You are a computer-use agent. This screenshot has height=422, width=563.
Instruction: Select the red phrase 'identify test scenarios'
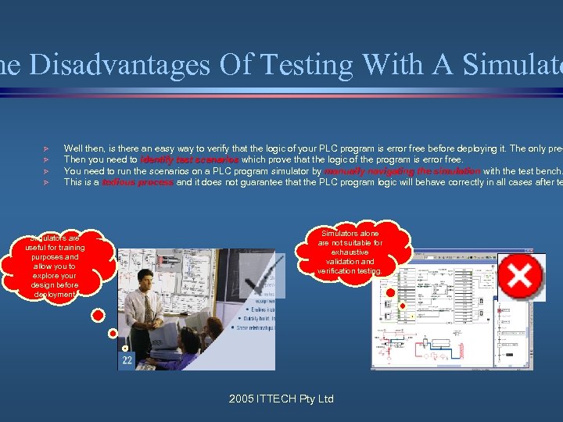[190, 159]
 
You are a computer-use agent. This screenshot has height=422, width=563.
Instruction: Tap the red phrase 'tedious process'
[138, 182]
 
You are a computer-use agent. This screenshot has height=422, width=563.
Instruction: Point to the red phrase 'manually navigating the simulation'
[402, 170]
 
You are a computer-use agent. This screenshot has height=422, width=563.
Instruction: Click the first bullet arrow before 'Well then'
[47, 148]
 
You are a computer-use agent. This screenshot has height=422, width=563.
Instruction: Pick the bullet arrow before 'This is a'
[47, 182]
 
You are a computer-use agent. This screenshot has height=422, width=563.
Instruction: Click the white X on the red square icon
[520, 276]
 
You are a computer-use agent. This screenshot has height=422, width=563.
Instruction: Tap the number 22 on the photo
[127, 360]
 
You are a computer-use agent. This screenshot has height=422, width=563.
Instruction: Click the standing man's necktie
[149, 309]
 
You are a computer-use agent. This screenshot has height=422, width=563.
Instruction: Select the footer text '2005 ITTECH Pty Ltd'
[281, 399]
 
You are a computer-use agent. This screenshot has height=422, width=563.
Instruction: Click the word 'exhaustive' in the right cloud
[350, 252]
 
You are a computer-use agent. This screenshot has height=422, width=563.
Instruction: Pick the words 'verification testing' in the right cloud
[350, 271]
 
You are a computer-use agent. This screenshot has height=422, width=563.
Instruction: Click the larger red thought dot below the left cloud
[98, 316]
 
